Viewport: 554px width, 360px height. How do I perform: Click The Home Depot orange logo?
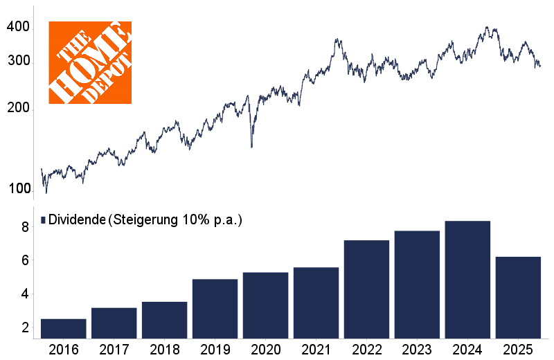90,62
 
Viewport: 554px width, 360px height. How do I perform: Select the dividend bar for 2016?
64,328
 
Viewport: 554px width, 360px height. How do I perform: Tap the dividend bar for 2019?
215,309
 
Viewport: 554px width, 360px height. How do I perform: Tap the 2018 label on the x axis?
164,348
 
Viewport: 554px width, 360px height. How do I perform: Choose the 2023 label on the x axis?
417,348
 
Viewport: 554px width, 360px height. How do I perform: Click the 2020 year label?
265,348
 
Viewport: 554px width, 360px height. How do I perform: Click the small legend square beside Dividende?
43,219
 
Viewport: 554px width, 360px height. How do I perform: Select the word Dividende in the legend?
76,219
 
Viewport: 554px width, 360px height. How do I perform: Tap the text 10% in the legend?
194,219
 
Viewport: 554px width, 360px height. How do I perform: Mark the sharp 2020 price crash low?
251,146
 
